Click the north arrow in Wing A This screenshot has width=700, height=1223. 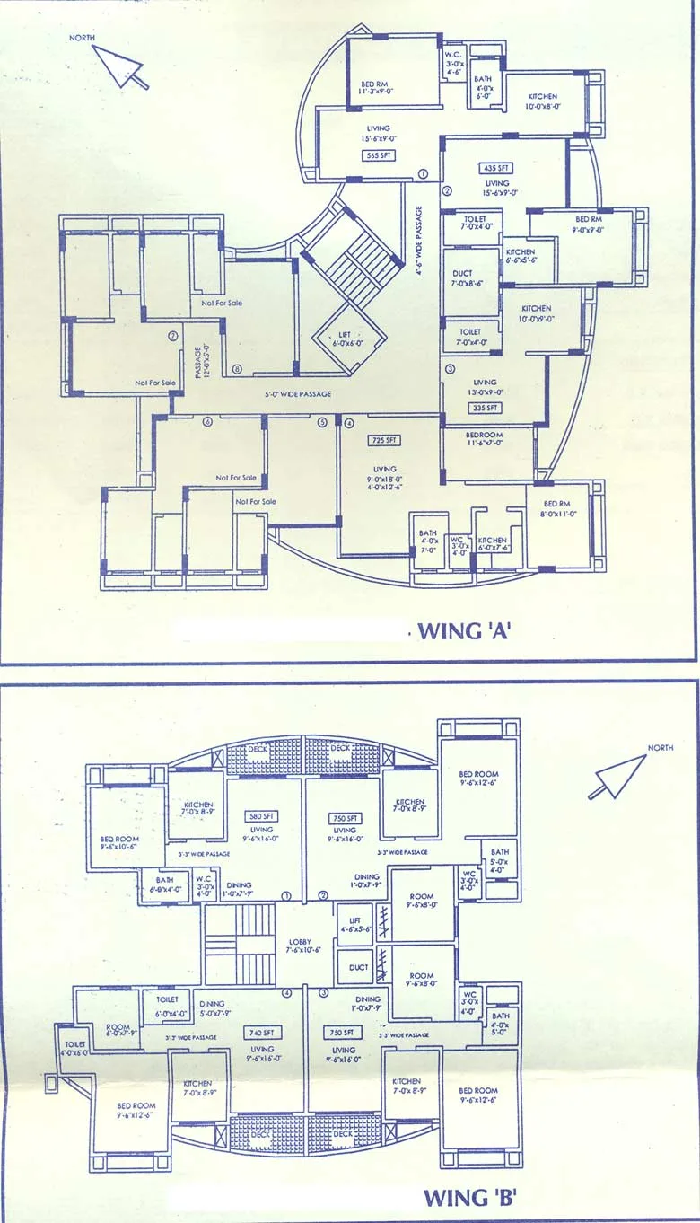(121, 66)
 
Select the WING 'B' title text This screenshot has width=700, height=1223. (468, 1197)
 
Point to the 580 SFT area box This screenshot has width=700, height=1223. (263, 816)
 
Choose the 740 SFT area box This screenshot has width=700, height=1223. (262, 1033)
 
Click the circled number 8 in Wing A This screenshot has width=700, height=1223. (237, 369)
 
